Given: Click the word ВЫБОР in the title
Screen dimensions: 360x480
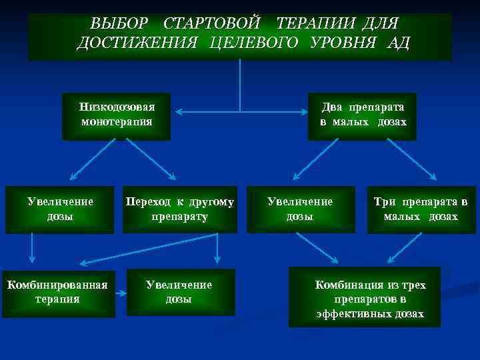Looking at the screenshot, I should click(x=119, y=24).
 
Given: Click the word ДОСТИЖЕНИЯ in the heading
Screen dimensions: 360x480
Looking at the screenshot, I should click(x=137, y=43).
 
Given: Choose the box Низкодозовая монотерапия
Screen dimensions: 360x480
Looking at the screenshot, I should click(x=116, y=115).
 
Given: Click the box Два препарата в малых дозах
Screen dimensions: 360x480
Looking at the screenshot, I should click(x=362, y=115).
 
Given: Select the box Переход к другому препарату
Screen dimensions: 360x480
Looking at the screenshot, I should click(x=179, y=209).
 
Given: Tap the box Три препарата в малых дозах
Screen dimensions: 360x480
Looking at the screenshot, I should click(x=421, y=209).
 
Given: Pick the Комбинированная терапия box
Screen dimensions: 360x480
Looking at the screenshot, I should click(x=57, y=292).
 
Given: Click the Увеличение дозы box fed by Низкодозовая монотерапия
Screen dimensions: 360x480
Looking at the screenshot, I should click(x=60, y=209).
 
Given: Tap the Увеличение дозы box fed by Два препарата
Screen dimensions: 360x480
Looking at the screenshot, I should click(x=299, y=209).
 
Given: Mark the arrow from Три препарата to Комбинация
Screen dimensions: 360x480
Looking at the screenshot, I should click(x=404, y=249).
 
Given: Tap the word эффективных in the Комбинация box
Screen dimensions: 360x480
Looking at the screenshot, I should click(x=370, y=313).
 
